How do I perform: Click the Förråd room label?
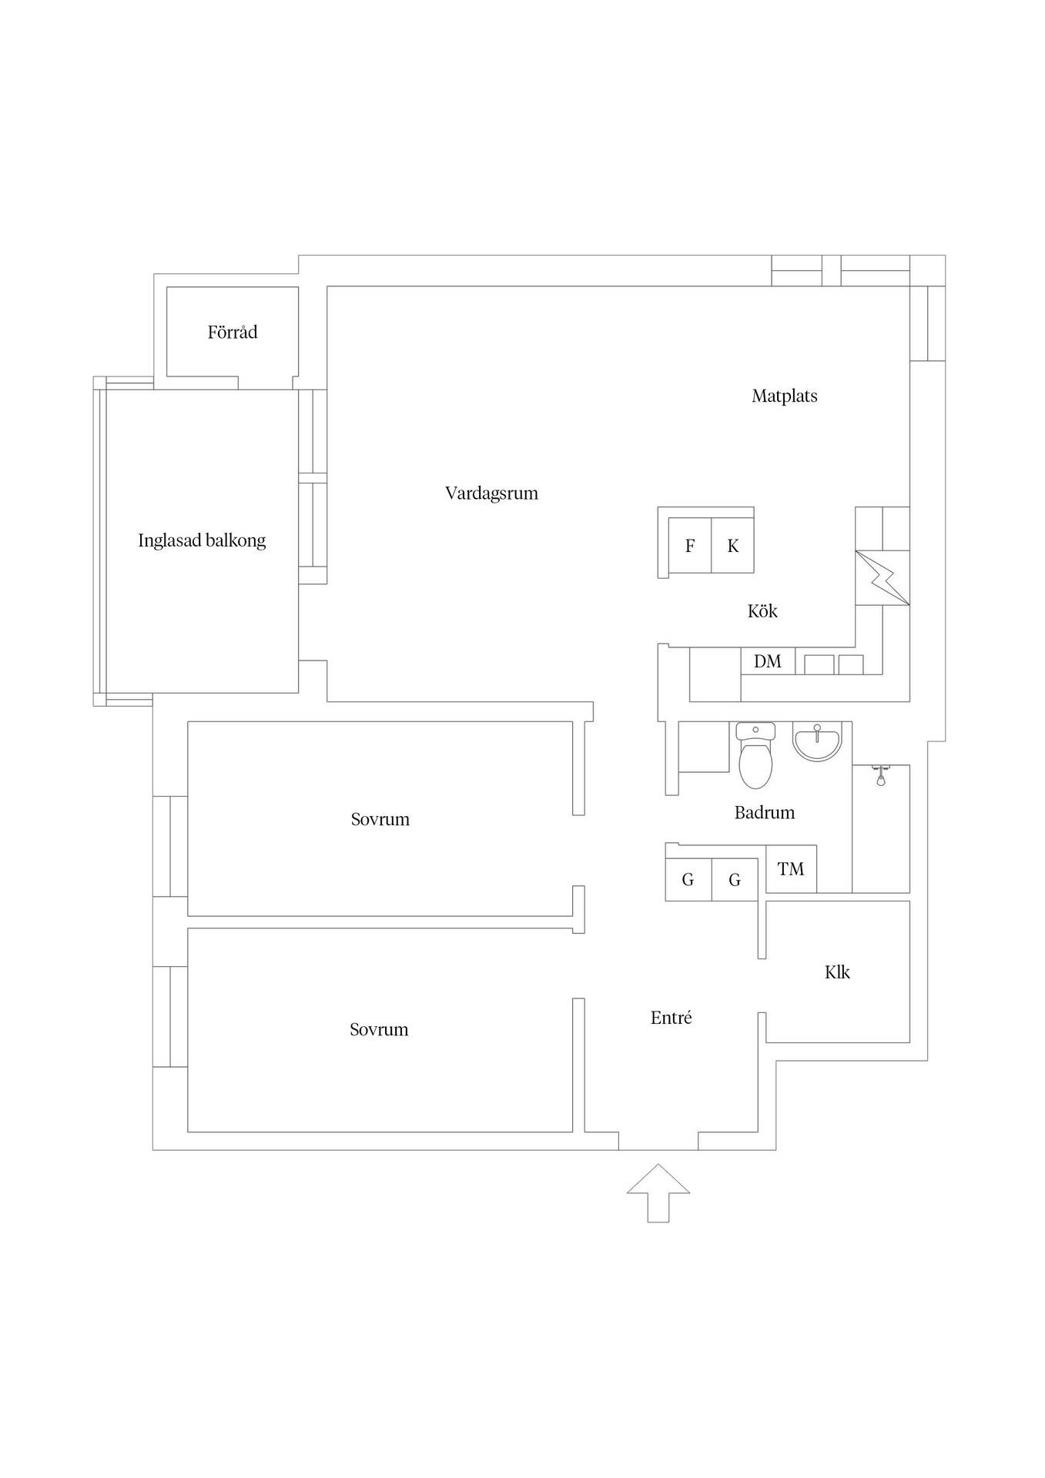[x=233, y=333]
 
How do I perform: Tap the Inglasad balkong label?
[x=202, y=540]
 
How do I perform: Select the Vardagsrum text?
[x=491, y=493]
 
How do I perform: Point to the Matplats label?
[x=785, y=396]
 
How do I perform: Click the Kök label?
[x=762, y=611]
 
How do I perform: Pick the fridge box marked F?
[x=690, y=546]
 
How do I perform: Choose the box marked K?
[x=732, y=546]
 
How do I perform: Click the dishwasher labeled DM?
[x=768, y=661]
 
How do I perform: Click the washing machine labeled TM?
[x=791, y=869]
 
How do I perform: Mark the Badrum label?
[x=765, y=812]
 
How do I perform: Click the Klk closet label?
[x=837, y=972]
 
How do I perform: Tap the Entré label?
[x=672, y=1018]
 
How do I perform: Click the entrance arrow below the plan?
[x=658, y=1192]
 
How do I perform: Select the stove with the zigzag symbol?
[x=883, y=577]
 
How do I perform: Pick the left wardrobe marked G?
[x=688, y=879]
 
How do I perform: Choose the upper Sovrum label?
[x=380, y=819]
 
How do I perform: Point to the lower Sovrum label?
[x=379, y=1029]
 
